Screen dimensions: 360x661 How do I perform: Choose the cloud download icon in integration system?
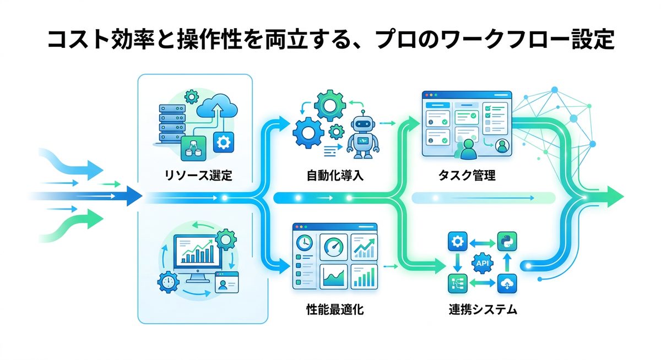(506, 285)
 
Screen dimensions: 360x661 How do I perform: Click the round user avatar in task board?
(501, 146)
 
